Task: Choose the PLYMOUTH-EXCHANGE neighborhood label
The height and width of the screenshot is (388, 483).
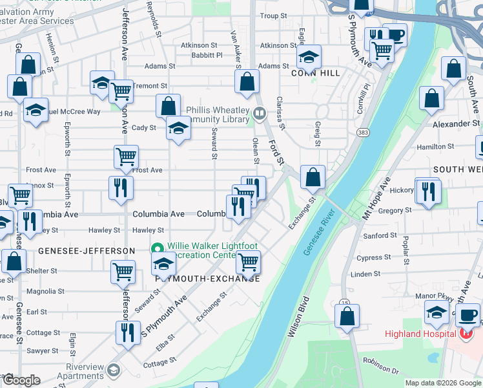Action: point(207,279)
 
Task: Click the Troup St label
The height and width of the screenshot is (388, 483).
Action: point(273,16)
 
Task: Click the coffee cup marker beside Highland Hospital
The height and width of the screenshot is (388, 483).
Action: point(468,315)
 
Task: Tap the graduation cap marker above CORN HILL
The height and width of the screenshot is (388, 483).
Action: point(309,58)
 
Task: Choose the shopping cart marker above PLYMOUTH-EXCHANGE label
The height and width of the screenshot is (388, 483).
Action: point(248,262)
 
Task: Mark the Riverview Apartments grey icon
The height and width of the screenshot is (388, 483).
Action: point(114,369)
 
